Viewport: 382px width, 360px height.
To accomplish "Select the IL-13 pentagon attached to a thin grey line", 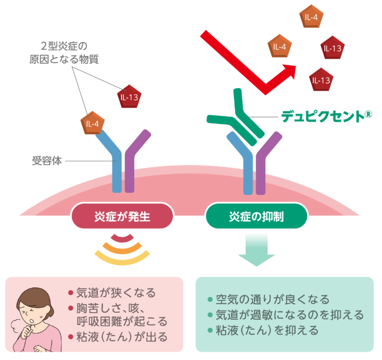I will point(129,96).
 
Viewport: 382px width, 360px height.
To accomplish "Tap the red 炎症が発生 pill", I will point(122,216).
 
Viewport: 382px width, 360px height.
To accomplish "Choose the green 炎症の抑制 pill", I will point(256,216).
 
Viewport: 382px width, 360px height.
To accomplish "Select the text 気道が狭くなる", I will point(116,293).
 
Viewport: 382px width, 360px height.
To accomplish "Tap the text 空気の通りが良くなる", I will point(273,299).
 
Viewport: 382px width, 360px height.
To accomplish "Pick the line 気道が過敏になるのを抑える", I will point(290,315).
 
